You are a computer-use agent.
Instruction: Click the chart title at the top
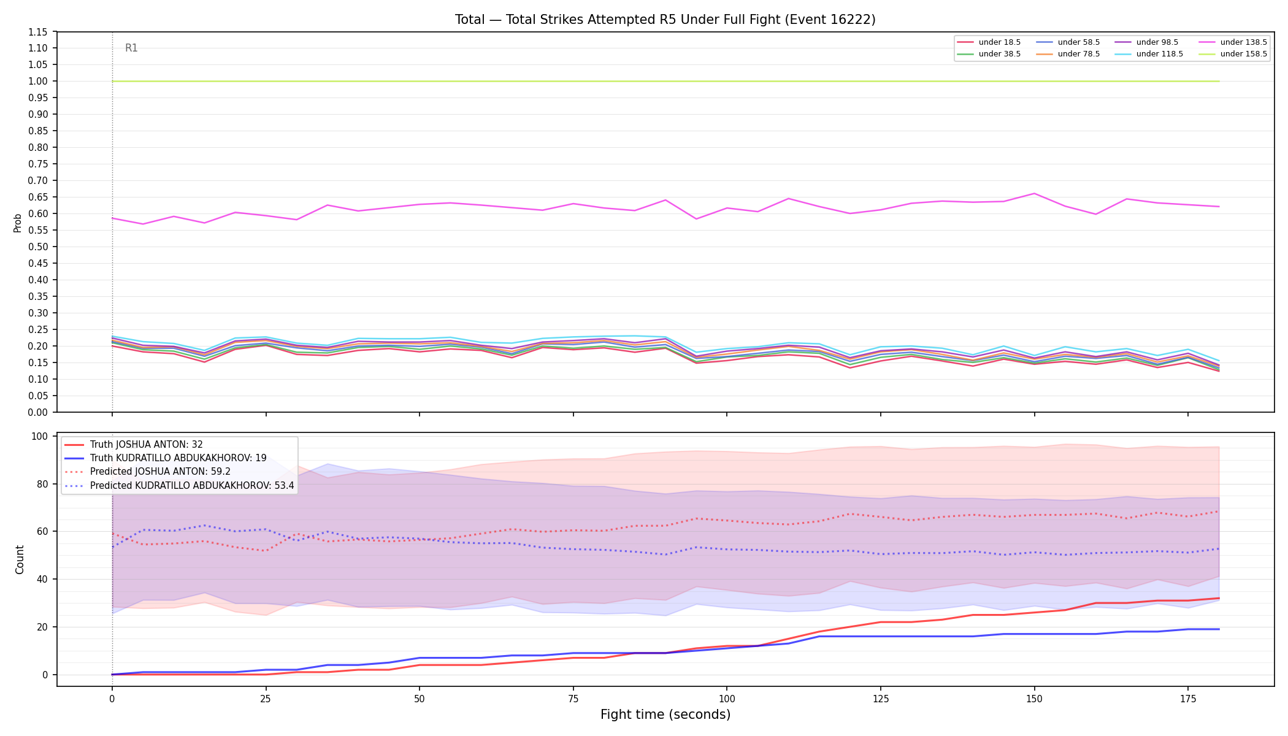(x=665, y=20)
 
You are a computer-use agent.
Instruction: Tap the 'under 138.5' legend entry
(x=1233, y=42)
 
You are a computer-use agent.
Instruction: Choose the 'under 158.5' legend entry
(x=1233, y=54)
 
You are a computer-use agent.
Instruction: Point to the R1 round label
(x=131, y=48)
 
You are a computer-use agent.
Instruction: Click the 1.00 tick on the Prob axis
(x=39, y=81)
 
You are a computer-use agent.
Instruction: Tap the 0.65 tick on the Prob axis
(x=39, y=197)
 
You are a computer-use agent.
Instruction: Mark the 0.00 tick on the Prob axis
(x=39, y=412)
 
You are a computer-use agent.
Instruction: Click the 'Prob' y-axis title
(x=18, y=223)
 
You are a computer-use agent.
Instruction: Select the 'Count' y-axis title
(x=20, y=559)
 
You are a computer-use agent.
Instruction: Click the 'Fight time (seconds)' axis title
(x=665, y=715)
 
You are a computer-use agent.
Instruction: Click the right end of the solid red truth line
(x=1219, y=598)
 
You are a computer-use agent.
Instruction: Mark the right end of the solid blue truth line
(x=1219, y=629)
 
